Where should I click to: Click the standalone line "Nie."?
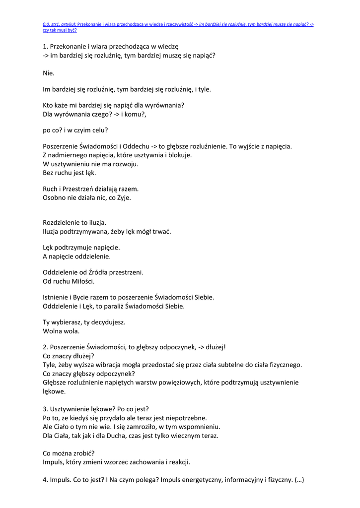coord(49,73)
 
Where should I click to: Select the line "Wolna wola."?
coord(61,331)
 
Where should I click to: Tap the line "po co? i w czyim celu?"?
coord(75,130)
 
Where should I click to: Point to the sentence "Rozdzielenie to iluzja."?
coord(74,223)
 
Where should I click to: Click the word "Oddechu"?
coord(135,146)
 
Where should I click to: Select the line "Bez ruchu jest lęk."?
coord(70,173)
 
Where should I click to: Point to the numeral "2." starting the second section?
coord(46,347)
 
